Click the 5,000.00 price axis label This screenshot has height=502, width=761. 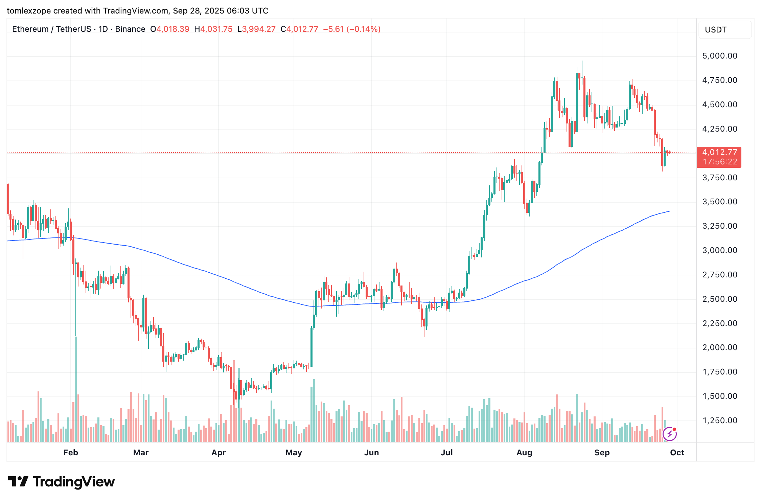(x=719, y=56)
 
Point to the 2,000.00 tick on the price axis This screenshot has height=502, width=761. (x=719, y=347)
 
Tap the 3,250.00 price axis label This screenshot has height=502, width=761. (x=719, y=226)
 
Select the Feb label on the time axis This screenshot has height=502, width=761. (x=71, y=453)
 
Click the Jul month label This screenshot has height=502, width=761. (x=446, y=453)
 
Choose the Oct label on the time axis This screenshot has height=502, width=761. (x=677, y=453)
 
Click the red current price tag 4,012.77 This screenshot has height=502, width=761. (x=719, y=153)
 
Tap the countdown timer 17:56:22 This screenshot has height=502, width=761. (x=719, y=162)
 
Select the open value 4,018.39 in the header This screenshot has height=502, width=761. (x=173, y=29)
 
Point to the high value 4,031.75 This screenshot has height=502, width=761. (x=216, y=29)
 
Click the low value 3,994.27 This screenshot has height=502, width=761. (x=259, y=29)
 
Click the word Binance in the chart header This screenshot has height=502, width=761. (x=130, y=29)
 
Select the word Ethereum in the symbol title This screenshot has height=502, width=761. (x=30, y=29)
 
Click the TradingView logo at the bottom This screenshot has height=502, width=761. (x=62, y=482)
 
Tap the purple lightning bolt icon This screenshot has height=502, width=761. (x=669, y=434)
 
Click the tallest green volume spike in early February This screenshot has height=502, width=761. (x=76, y=389)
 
